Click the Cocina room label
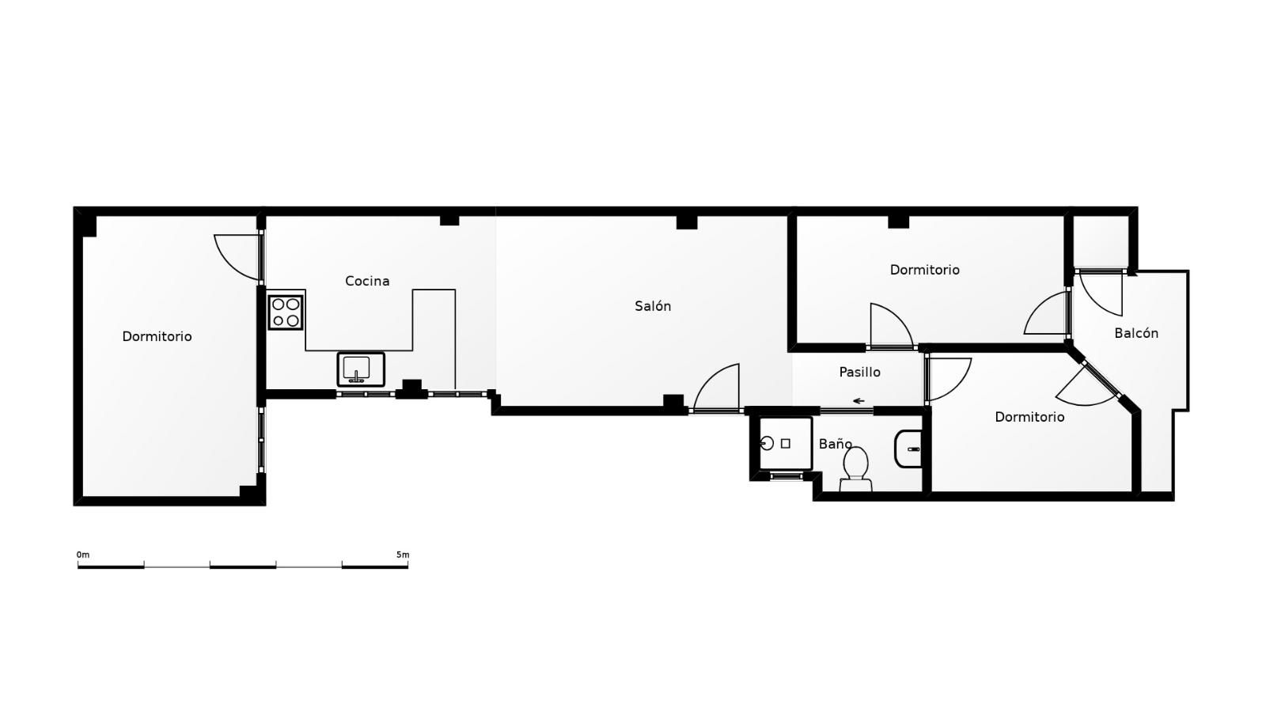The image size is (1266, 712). [x=367, y=281]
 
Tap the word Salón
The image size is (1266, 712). [x=653, y=306]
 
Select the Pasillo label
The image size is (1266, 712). [x=859, y=372]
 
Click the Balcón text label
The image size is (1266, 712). [x=1136, y=333]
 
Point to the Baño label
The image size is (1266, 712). [x=835, y=444]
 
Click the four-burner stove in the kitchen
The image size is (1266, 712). [x=286, y=312]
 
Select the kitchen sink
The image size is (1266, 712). [x=361, y=369]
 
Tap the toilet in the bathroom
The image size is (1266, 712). [x=855, y=469]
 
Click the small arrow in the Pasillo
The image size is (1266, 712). [x=859, y=401]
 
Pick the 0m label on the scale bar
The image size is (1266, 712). [x=83, y=555]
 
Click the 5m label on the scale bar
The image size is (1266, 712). [x=403, y=555]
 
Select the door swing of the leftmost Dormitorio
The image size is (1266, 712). [x=237, y=257]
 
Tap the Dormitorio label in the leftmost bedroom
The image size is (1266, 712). [x=157, y=337]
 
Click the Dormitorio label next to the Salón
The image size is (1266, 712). [x=925, y=270]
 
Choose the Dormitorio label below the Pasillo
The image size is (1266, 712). [x=1029, y=417]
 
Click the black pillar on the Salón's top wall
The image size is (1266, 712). [x=687, y=222]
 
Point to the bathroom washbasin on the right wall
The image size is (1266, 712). [x=908, y=449]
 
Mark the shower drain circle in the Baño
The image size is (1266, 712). [x=768, y=444]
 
